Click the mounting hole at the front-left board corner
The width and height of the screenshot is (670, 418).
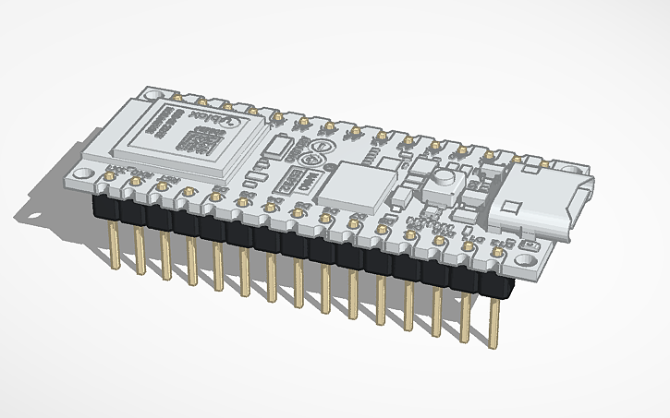click(84, 173)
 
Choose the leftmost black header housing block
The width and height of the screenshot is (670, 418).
click(106, 205)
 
